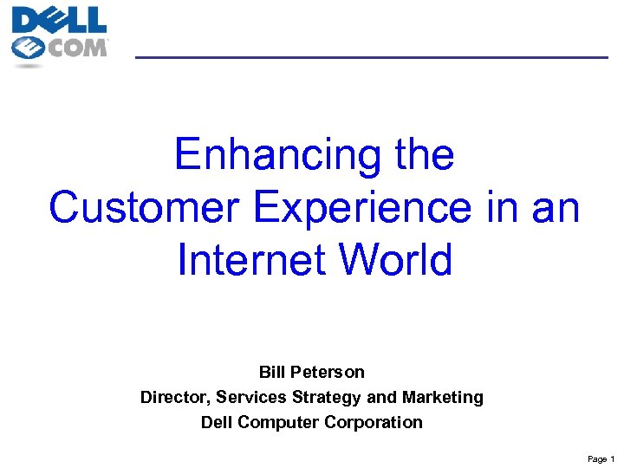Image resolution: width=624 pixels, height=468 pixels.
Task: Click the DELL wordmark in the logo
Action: pyautogui.click(x=59, y=19)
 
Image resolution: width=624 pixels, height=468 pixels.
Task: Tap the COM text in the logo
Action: pyautogui.click(x=77, y=46)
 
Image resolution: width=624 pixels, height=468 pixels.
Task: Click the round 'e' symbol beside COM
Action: pyautogui.click(x=29, y=49)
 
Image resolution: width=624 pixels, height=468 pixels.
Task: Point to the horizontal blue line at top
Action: pyautogui.click(x=372, y=57)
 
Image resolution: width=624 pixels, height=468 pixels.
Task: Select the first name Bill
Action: pyautogui.click(x=274, y=372)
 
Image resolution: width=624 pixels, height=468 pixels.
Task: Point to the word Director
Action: pyautogui.click(x=174, y=397)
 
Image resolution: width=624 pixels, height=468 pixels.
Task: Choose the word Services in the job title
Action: pyautogui.click(x=251, y=397)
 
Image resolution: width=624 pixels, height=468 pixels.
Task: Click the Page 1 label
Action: pyautogui.click(x=600, y=458)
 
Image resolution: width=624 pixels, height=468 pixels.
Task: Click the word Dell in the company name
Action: pyautogui.click(x=217, y=422)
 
